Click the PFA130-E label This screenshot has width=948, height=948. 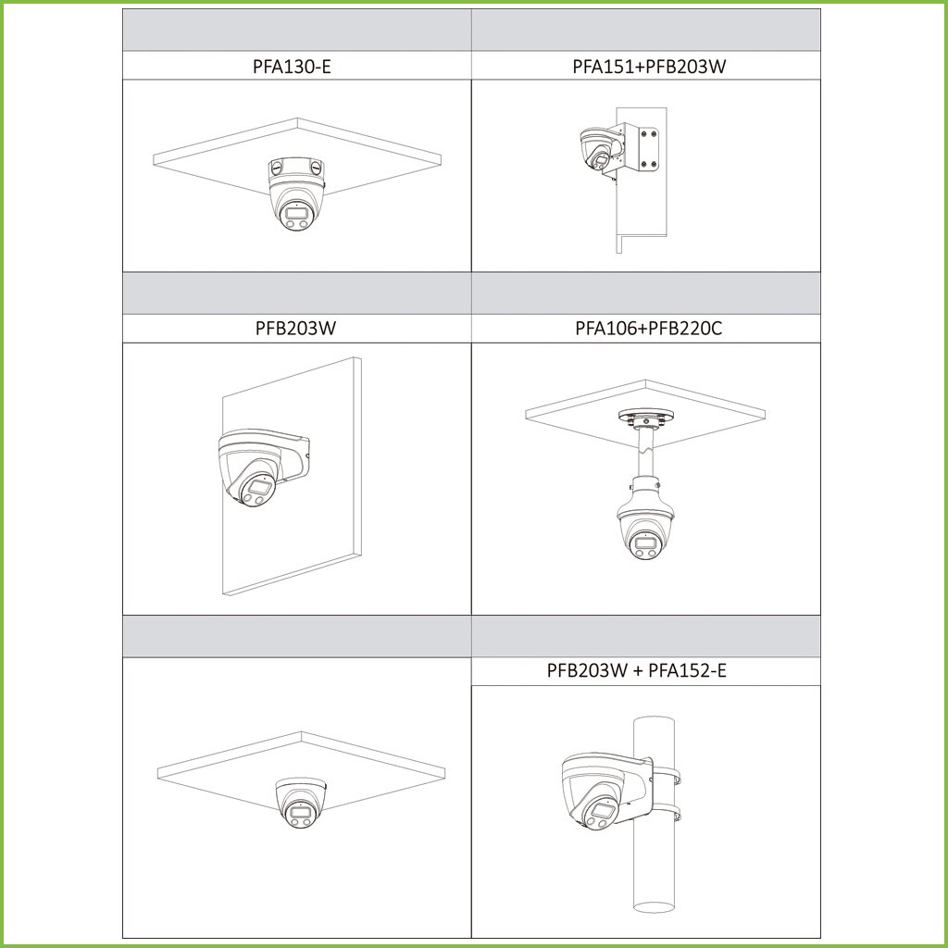[292, 66]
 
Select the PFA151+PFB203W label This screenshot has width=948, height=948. [649, 66]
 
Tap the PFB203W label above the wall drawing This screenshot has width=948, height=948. [295, 329]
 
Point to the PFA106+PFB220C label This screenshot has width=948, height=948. [648, 329]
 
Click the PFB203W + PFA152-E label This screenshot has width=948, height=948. [636, 670]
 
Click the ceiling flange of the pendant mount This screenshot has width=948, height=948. [646, 417]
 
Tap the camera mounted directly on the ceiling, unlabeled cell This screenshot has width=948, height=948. [301, 802]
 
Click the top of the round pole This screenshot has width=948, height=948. [654, 720]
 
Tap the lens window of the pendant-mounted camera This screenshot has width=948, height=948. [643, 540]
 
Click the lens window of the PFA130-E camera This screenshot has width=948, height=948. [297, 212]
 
